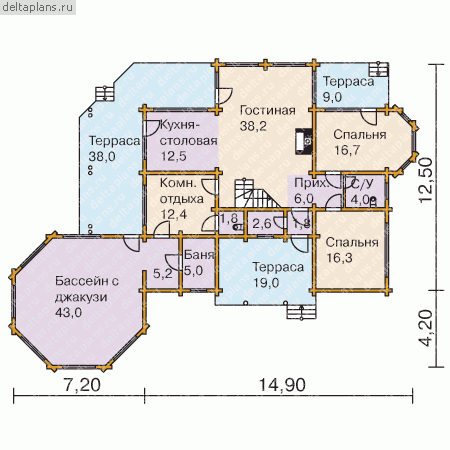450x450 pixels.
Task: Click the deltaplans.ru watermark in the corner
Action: click(x=37, y=7)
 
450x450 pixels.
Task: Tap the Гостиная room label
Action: click(x=267, y=111)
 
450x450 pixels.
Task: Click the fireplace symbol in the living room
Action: click(x=304, y=141)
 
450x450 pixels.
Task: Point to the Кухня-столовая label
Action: click(x=189, y=133)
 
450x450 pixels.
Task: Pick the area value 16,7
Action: click(x=347, y=150)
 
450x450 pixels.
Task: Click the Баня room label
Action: click(x=199, y=255)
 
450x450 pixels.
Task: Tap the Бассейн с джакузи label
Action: click(x=87, y=289)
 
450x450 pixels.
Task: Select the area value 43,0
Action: click(x=68, y=313)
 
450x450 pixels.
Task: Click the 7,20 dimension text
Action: click(x=82, y=385)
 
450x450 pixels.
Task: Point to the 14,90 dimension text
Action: click(x=282, y=385)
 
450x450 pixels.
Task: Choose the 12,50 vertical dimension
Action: click(x=426, y=180)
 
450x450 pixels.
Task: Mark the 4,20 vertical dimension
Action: click(x=426, y=328)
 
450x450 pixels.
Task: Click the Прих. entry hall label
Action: click(x=311, y=183)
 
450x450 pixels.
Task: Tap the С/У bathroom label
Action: click(x=362, y=184)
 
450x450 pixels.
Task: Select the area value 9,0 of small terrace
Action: click(x=332, y=97)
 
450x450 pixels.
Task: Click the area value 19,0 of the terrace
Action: click(x=266, y=283)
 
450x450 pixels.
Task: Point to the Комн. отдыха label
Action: click(x=182, y=191)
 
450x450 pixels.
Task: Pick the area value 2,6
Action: click(x=262, y=224)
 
